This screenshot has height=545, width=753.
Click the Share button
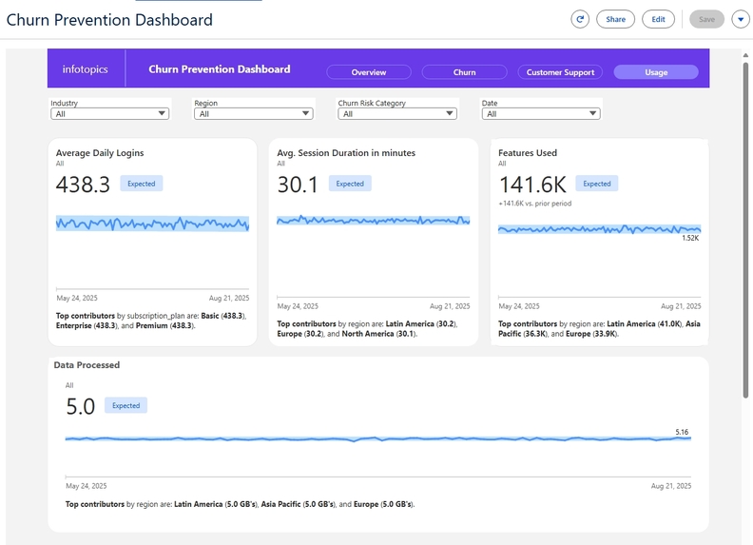[x=615, y=19]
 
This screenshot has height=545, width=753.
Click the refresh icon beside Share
[x=580, y=19]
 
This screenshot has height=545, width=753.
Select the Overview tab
[x=369, y=72]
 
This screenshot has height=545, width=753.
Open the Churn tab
[x=464, y=72]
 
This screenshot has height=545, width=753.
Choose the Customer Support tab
[x=560, y=72]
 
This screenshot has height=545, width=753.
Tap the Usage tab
[x=656, y=72]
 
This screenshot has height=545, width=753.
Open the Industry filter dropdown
[x=110, y=114]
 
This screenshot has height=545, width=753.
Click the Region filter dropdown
[x=253, y=114]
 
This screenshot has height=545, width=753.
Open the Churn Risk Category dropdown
[x=397, y=114]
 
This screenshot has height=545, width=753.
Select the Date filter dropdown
[x=541, y=114]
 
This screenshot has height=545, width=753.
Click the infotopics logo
[x=86, y=69]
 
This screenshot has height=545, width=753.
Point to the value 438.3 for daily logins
[x=83, y=185]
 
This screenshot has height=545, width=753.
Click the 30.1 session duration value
[x=298, y=185]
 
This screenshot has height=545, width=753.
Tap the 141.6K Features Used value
[x=533, y=185]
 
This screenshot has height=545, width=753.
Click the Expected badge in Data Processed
[x=125, y=406]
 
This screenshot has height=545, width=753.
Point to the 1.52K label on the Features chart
[x=690, y=238]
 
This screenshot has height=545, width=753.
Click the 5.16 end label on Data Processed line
[x=682, y=433]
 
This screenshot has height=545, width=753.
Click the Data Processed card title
[x=87, y=365]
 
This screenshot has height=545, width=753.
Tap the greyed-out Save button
[x=706, y=19]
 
